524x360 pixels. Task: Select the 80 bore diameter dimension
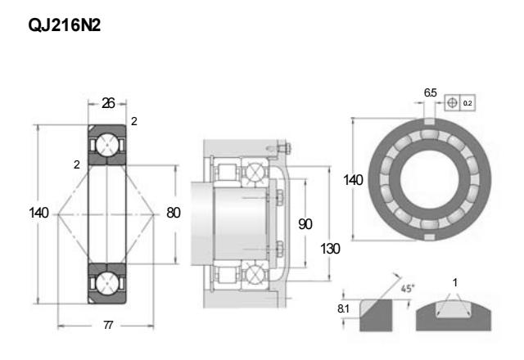(173, 213)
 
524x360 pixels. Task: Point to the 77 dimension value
(107, 326)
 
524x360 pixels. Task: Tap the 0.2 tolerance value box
(468, 103)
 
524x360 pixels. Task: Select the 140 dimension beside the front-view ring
(353, 179)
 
